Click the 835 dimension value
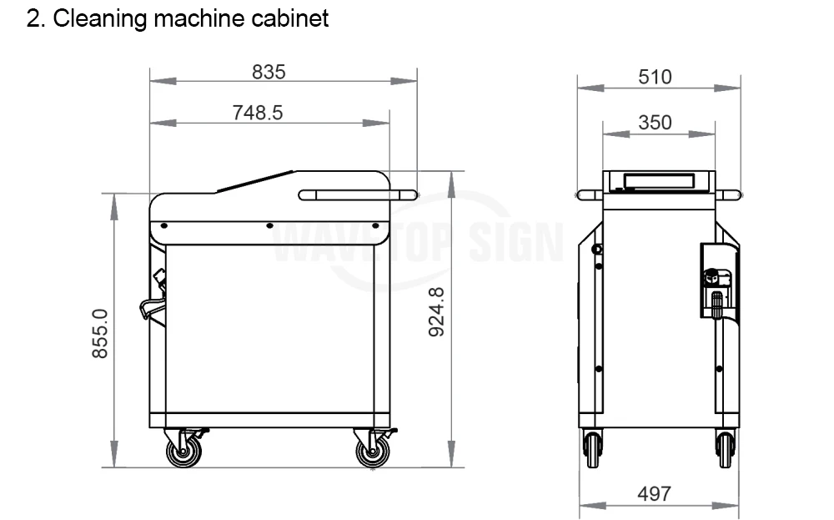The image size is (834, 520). click(269, 72)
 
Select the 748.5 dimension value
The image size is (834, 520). click(258, 113)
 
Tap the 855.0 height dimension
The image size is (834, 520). click(100, 334)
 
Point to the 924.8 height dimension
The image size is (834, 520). click(436, 312)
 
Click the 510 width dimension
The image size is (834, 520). click(655, 77)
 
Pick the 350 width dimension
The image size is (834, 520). click(655, 123)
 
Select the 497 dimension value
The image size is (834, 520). click(654, 494)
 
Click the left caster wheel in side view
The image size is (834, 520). click(183, 452)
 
